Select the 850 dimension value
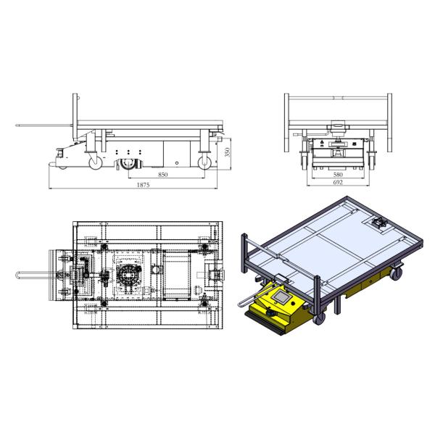[163, 175]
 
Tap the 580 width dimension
[338, 175]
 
